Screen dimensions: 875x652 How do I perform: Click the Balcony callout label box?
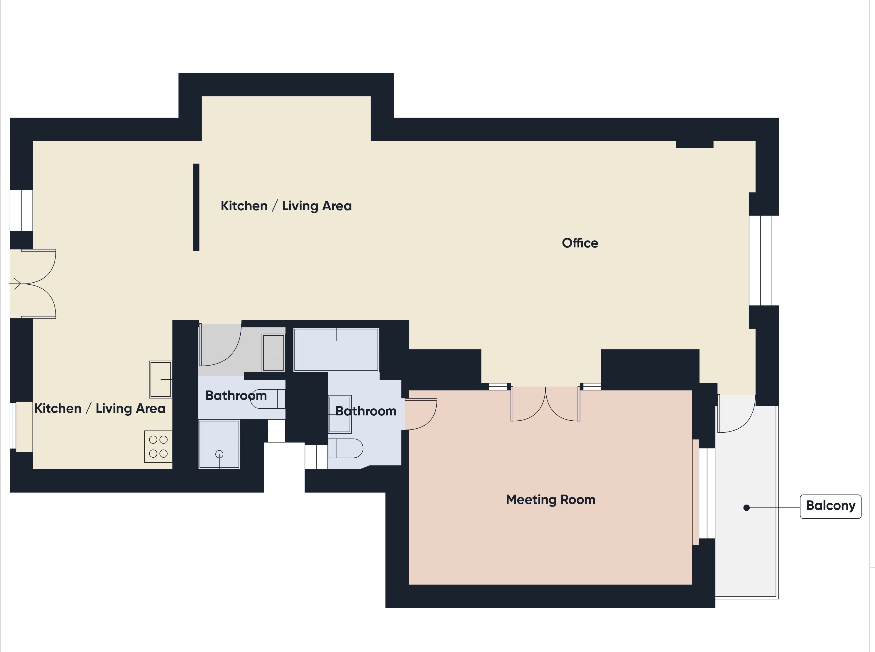pyautogui.click(x=830, y=506)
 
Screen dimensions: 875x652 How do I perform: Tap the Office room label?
pyautogui.click(x=580, y=243)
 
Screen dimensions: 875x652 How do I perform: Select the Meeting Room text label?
pyautogui.click(x=550, y=500)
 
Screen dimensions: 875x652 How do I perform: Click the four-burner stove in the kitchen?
pyautogui.click(x=158, y=446)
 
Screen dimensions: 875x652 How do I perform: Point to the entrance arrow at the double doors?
pyautogui.click(x=16, y=283)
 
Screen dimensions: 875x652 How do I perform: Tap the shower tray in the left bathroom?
pyautogui.click(x=219, y=444)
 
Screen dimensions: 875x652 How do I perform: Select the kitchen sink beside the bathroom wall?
pyautogui.click(x=161, y=379)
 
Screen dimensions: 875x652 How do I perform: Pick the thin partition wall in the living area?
pyautogui.click(x=196, y=207)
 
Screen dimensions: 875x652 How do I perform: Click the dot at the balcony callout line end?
pyautogui.click(x=746, y=507)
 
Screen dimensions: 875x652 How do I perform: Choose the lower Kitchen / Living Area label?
pyautogui.click(x=100, y=408)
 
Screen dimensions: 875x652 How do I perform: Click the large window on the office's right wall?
pyautogui.click(x=761, y=261)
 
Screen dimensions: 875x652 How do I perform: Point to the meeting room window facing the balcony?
pyautogui.click(x=707, y=493)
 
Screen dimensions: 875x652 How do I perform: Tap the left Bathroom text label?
pyautogui.click(x=236, y=395)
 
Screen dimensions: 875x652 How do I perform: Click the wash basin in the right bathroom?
pyautogui.click(x=340, y=414)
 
